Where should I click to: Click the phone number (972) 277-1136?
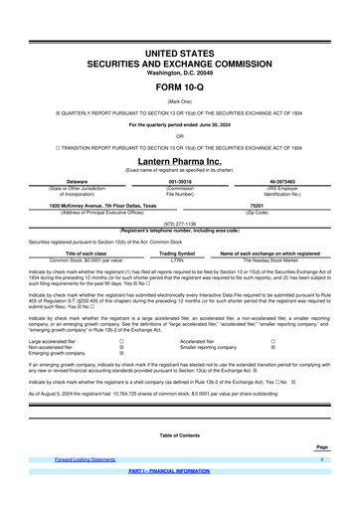180,224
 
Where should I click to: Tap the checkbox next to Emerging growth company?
121,352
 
